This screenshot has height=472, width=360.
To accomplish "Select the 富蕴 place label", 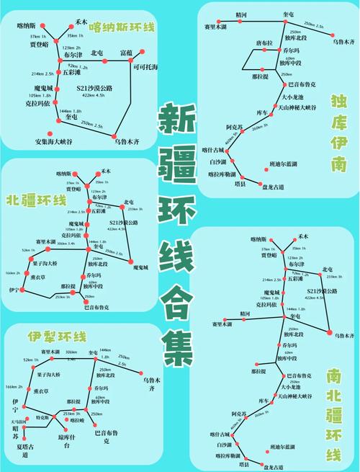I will point(127,53).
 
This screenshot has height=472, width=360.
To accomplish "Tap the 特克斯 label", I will point(42,417).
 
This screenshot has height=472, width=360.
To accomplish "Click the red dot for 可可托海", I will point(143,51).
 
